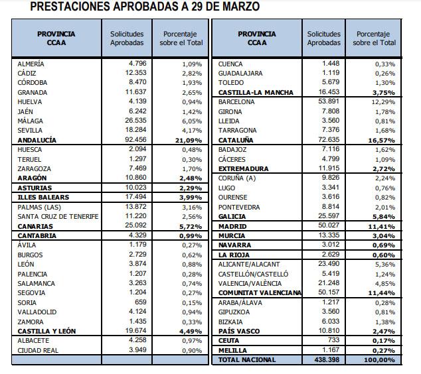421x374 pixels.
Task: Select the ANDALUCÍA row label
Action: [37, 141]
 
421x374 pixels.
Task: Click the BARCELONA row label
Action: [236, 102]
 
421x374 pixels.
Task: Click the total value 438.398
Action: [327, 359]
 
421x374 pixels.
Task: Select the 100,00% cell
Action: [380, 359]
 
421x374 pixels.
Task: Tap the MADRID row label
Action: [231, 226]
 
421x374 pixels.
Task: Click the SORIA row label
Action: [28, 302]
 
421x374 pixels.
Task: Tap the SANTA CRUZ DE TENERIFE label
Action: [58, 217]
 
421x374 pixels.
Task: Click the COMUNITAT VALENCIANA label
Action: [259, 292]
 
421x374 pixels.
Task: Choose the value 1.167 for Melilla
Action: [330, 350]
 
